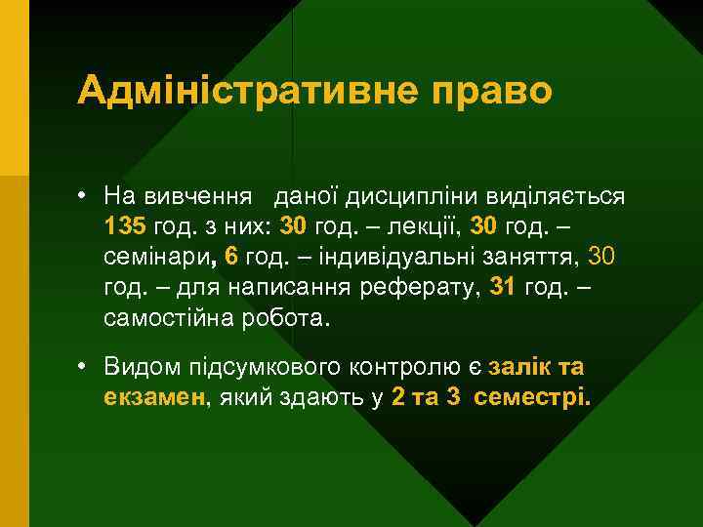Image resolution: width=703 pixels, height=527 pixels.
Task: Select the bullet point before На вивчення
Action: [x=85, y=195]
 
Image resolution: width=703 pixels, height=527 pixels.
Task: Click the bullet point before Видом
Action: [x=85, y=368]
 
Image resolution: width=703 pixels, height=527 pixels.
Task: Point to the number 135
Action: [x=125, y=226]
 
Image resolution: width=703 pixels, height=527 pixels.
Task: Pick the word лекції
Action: [x=423, y=226]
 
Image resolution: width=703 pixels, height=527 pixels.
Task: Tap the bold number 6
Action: [x=230, y=258]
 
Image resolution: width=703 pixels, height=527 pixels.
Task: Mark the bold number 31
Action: [x=502, y=289]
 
